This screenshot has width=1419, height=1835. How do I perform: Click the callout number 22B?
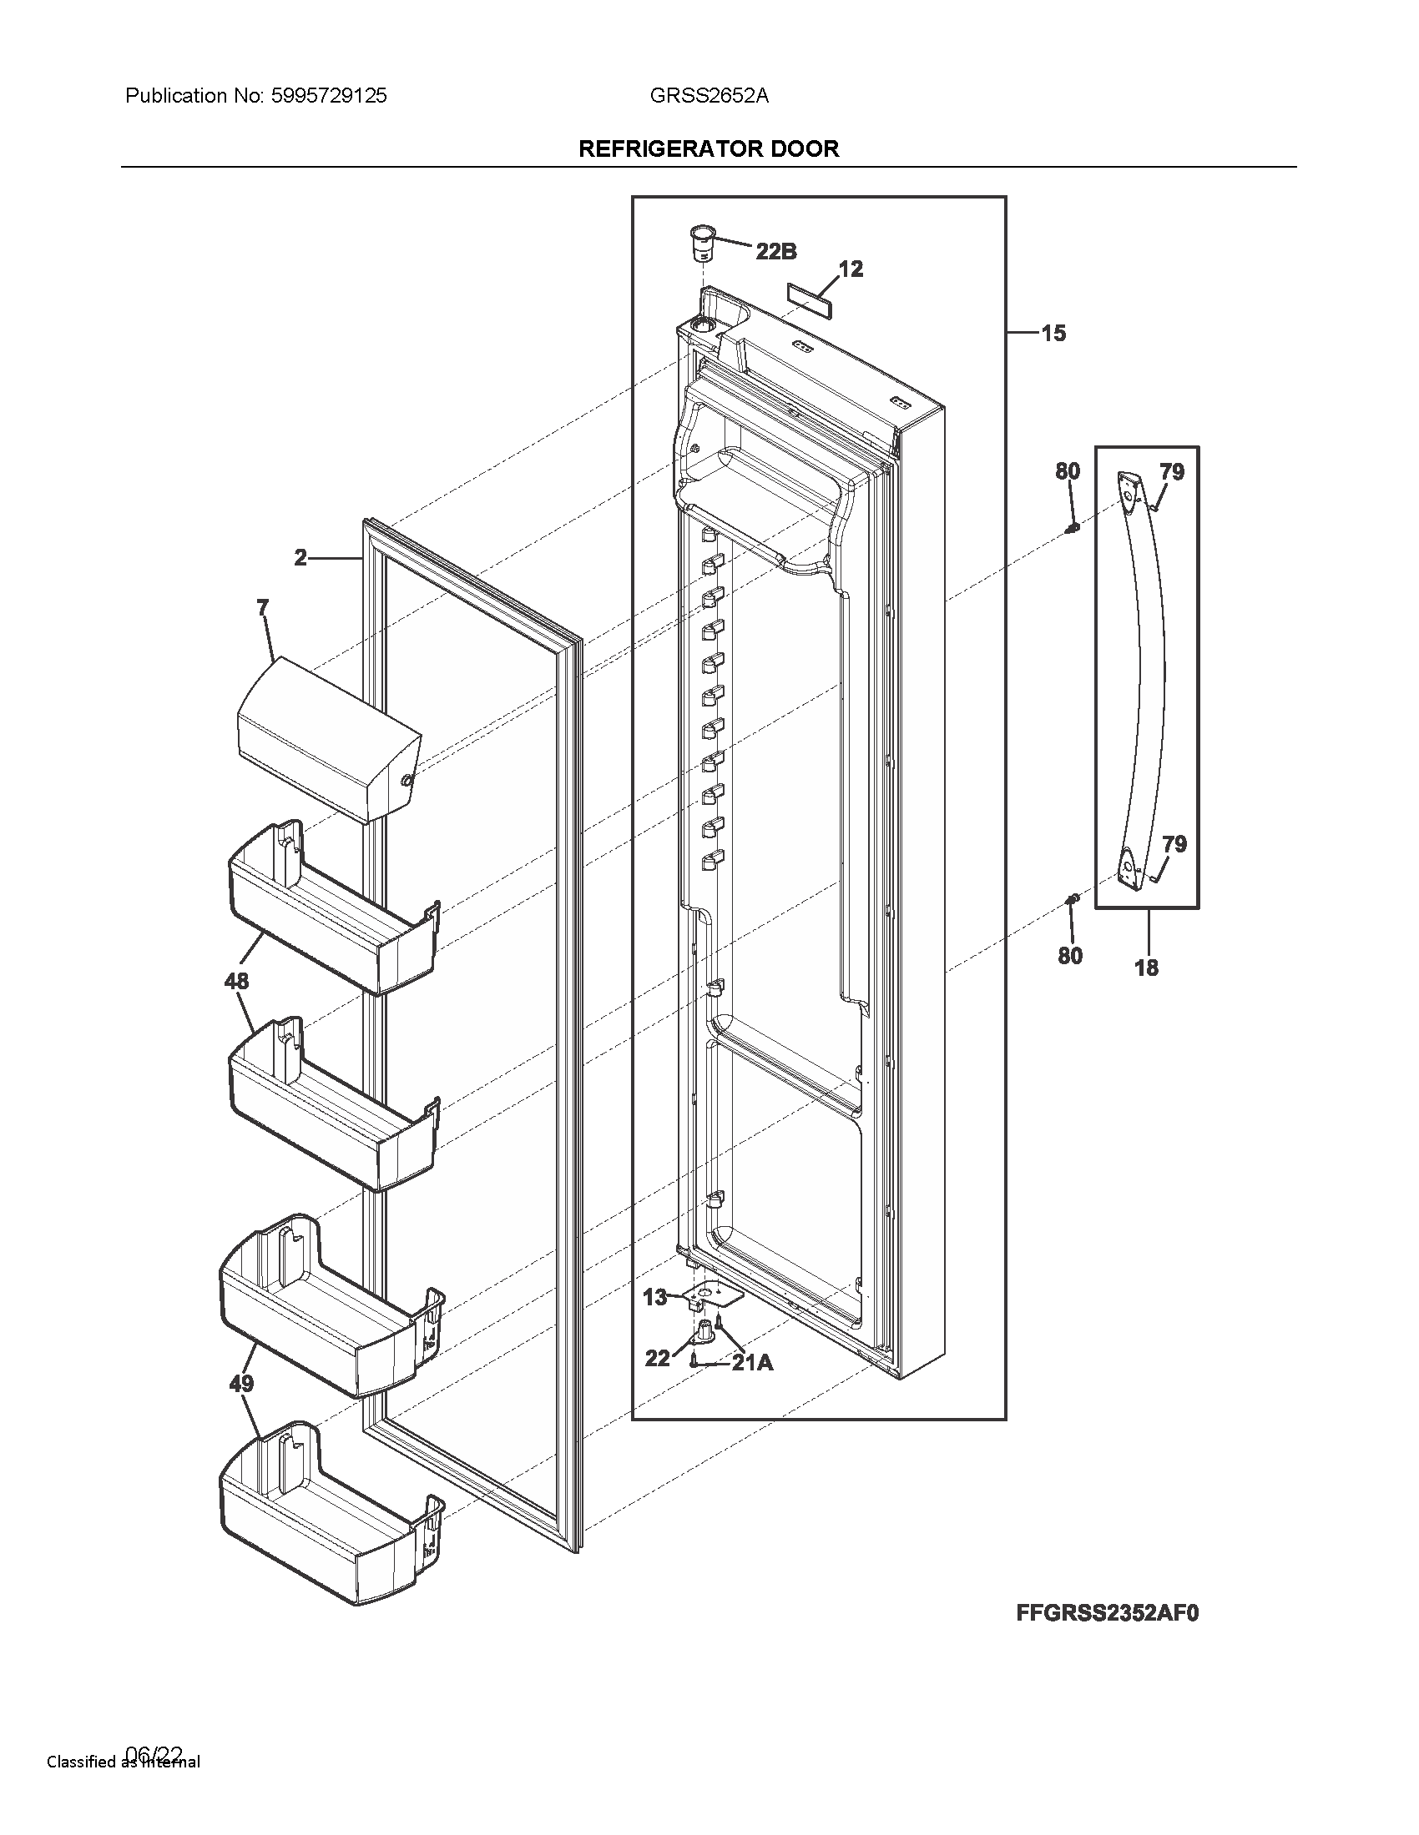pos(776,250)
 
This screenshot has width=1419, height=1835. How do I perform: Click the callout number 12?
pos(851,269)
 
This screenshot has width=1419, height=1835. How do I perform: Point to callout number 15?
pos(1053,334)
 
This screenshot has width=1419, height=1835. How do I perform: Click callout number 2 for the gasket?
pos(300,557)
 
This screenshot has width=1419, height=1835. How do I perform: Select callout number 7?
pos(263,607)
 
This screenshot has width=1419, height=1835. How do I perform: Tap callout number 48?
pos(237,981)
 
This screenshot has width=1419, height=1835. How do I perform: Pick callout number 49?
pos(241,1383)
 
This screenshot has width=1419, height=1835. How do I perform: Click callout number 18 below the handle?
pos(1146,968)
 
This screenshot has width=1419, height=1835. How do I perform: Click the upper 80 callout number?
pos(1068,471)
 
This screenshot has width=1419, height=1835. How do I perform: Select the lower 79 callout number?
pos(1174,843)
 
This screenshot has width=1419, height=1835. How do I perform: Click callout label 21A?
pos(752,1363)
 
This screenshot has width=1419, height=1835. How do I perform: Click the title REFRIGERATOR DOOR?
pos(709,148)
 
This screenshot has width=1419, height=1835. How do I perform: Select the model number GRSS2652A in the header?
pos(709,96)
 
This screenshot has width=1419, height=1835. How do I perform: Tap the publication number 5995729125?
pos(329,96)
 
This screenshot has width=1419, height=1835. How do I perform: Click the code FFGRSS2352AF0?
pos(1107,1612)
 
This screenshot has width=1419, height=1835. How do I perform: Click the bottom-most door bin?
pos(328,1521)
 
